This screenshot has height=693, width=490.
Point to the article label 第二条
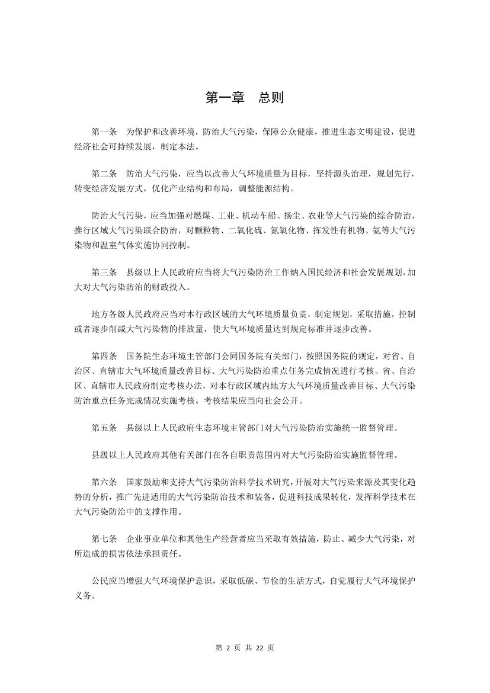(104, 175)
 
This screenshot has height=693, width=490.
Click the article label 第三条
(104, 272)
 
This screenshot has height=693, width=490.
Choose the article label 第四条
(104, 357)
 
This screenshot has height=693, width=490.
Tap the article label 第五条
(104, 428)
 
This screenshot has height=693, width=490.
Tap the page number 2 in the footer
(228, 648)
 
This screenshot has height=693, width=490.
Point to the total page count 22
(259, 648)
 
